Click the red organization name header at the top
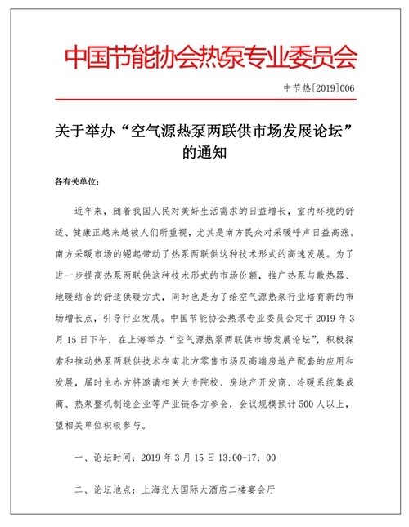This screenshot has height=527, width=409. point(210,56)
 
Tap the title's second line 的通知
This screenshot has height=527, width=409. point(204,152)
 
